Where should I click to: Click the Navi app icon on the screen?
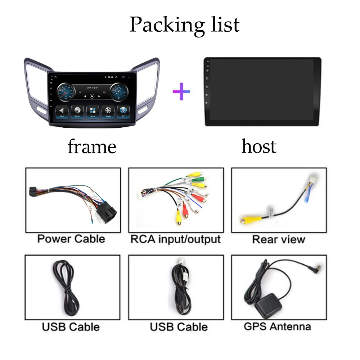coord(62,111)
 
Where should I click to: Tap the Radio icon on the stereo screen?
coord(77,111)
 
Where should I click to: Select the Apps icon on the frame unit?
coord(93,111)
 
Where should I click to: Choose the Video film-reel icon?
coord(108,111)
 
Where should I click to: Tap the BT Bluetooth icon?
coord(123,111)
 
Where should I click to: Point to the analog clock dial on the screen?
coord(118,92)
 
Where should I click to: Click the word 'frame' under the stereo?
coord(92,147)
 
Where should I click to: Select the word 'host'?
coord(259,147)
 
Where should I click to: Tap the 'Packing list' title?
coord(184,24)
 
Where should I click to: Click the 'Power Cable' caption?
coord(71,239)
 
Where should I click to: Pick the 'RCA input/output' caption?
coord(175,239)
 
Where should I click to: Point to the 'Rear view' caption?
coord(279,239)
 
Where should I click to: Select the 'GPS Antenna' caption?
coord(277,327)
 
